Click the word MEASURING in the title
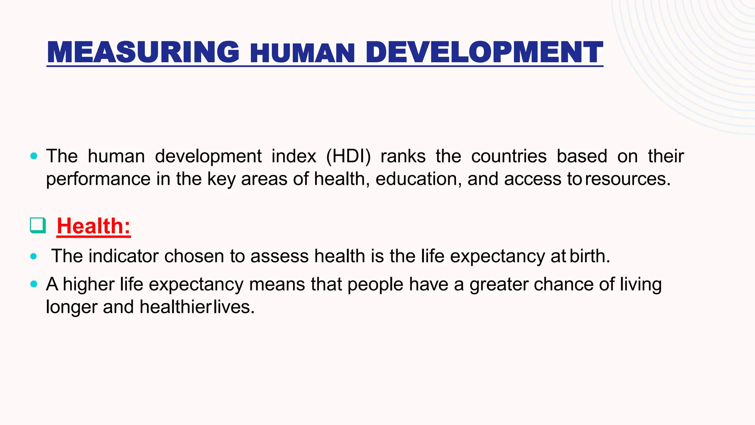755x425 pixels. point(143,52)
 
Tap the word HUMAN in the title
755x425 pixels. point(302,53)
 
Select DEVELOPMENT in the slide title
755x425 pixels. point(484,52)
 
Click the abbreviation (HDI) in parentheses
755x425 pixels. point(348,156)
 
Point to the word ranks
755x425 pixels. point(403,156)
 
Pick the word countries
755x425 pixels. point(509,156)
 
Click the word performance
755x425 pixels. point(98,179)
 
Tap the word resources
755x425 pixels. point(627,179)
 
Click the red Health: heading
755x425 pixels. point(94,226)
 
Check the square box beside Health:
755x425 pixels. point(38,225)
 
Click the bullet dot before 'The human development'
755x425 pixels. point(34,156)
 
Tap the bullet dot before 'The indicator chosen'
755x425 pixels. point(34,256)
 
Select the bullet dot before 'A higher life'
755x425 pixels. point(34,284)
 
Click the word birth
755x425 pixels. point(589,256)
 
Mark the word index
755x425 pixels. point(293,156)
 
